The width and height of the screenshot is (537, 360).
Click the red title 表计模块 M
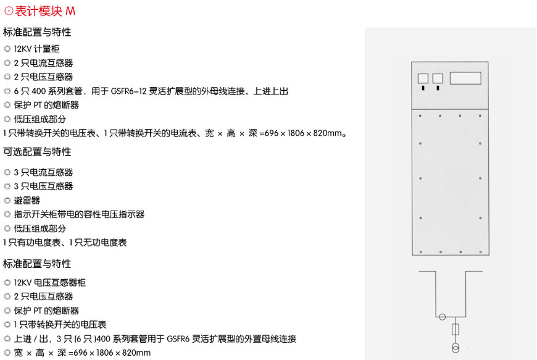45,11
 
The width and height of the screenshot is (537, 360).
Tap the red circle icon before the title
9,11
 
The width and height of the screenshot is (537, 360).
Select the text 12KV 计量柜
36,49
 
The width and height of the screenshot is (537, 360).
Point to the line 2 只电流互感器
43,63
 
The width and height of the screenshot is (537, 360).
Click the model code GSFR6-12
128,91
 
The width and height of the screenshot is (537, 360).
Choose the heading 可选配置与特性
37,151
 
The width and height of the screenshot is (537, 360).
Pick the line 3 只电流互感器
43,172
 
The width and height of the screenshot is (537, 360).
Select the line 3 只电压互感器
43,186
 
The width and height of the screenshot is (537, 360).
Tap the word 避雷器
27,201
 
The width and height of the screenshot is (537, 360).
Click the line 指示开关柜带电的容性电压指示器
79,214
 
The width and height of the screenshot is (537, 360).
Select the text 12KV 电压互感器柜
49,283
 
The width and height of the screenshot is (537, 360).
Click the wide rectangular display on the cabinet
465,78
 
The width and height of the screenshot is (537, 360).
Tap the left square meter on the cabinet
423,78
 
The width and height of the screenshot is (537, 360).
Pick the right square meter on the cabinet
438,78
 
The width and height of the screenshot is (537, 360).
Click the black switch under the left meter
423,88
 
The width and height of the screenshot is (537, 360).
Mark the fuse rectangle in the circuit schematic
456,329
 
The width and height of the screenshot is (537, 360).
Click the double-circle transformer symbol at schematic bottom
456,348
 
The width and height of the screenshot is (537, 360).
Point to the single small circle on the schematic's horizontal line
442,317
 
